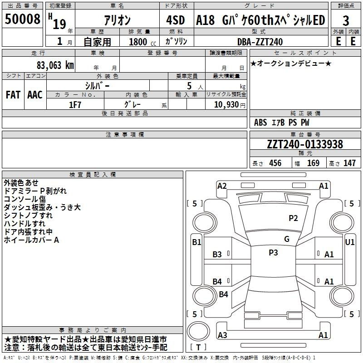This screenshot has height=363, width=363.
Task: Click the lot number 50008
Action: coord(22,19)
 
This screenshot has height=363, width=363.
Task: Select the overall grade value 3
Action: coord(346,21)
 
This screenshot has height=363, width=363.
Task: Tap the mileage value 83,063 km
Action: coord(55,65)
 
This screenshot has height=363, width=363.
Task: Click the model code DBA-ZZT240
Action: coord(260,42)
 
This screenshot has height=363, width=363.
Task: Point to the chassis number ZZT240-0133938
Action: coord(305,144)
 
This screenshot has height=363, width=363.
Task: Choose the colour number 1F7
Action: coord(75,105)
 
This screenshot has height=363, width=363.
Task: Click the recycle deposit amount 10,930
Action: coord(226,104)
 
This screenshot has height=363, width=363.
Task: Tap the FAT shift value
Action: coord(13,95)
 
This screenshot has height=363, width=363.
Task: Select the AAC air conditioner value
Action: coord(35,95)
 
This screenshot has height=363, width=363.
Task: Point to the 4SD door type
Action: coord(176,20)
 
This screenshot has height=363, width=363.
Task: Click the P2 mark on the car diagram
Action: coord(293,218)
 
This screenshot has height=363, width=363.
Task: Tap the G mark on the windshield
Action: coord(287,239)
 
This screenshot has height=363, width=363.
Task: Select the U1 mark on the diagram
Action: coord(349,242)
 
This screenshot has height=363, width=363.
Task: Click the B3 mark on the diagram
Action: coord(217,255)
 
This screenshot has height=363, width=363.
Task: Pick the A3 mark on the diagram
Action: coord(222,335)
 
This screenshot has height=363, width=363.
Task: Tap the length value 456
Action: coord(275,163)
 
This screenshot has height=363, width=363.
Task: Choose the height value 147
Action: coord(349,163)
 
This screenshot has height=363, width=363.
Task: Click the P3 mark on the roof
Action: coord(273,252)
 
